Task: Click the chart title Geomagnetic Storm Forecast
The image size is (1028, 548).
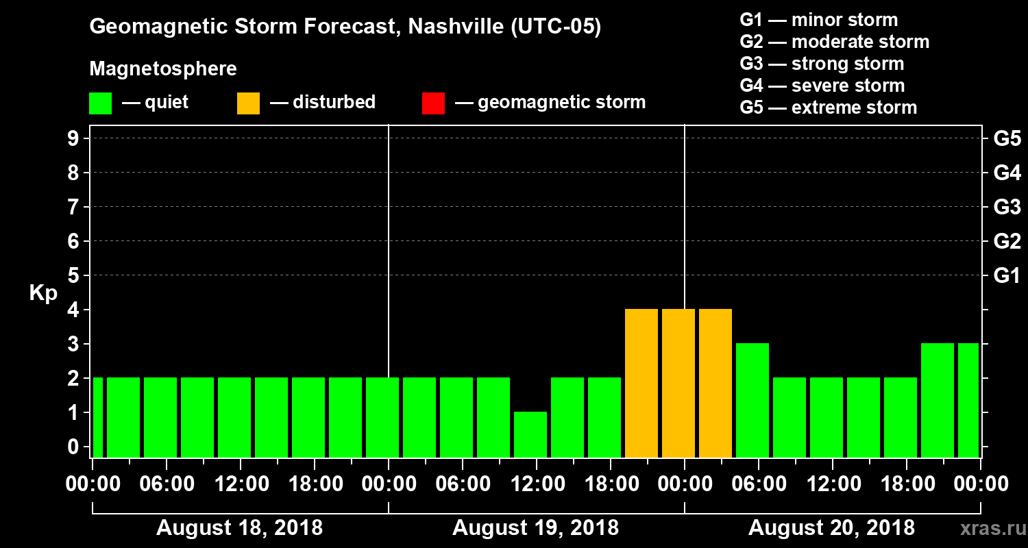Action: tap(345, 27)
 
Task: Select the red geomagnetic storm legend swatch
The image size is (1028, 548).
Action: tap(433, 103)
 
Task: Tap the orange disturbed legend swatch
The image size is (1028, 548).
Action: tap(248, 103)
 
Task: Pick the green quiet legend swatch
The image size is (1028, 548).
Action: tap(100, 103)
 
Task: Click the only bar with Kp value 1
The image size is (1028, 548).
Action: tap(530, 434)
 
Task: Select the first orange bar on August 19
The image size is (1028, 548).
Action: tap(641, 383)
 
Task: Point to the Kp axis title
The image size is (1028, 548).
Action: tap(43, 293)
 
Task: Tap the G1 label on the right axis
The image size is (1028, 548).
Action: tap(1007, 276)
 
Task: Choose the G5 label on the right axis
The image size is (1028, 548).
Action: tap(1007, 139)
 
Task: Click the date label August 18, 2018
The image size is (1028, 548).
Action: tap(240, 528)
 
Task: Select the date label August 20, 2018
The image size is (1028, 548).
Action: tap(831, 528)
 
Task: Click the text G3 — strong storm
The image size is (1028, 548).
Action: tap(822, 64)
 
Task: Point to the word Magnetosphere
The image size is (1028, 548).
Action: tap(163, 69)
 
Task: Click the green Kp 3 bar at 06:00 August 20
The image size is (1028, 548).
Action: tap(752, 400)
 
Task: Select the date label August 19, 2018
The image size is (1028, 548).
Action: tap(535, 528)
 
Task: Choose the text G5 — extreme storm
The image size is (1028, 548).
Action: tap(828, 108)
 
